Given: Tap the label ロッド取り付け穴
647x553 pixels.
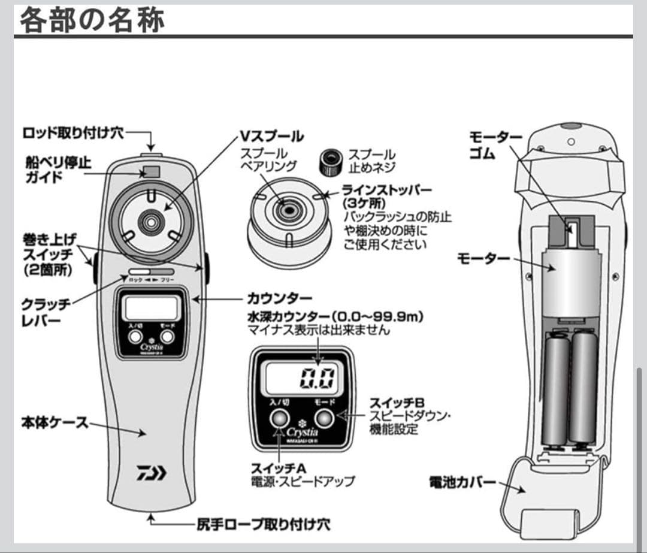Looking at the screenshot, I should pyautogui.click(x=72, y=132).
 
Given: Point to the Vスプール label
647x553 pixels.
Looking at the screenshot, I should pyautogui.click(x=271, y=136).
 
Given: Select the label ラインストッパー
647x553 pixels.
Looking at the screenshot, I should pyautogui.click(x=386, y=191).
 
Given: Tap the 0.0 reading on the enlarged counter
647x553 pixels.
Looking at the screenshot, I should pyautogui.click(x=318, y=378).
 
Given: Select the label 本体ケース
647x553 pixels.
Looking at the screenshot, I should pyautogui.click(x=55, y=422).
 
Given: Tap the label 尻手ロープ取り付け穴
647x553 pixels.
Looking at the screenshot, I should pyautogui.click(x=263, y=525).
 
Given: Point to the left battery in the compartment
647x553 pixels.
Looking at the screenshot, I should pyautogui.click(x=555, y=389).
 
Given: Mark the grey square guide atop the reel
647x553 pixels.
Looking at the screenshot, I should pyautogui.click(x=150, y=172).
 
